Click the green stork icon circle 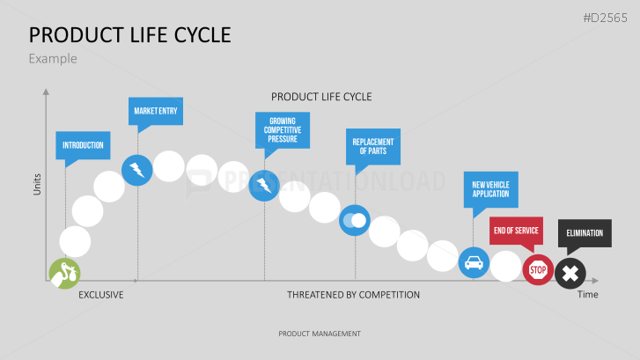pyautogui.click(x=64, y=274)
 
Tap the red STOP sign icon pyautogui.click(x=538, y=270)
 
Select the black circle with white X pyautogui.click(x=570, y=274)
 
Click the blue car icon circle pyautogui.click(x=474, y=262)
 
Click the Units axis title pyautogui.click(x=37, y=185)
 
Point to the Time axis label pyautogui.click(x=588, y=294)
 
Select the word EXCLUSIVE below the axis pyautogui.click(x=101, y=295)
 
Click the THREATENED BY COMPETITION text pyautogui.click(x=353, y=295)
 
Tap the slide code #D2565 pyautogui.click(x=606, y=18)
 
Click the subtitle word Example pyautogui.click(x=53, y=59)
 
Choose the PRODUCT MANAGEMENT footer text pyautogui.click(x=320, y=334)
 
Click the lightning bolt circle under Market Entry pyautogui.click(x=137, y=170)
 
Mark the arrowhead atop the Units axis pyautogui.click(x=46, y=92)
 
